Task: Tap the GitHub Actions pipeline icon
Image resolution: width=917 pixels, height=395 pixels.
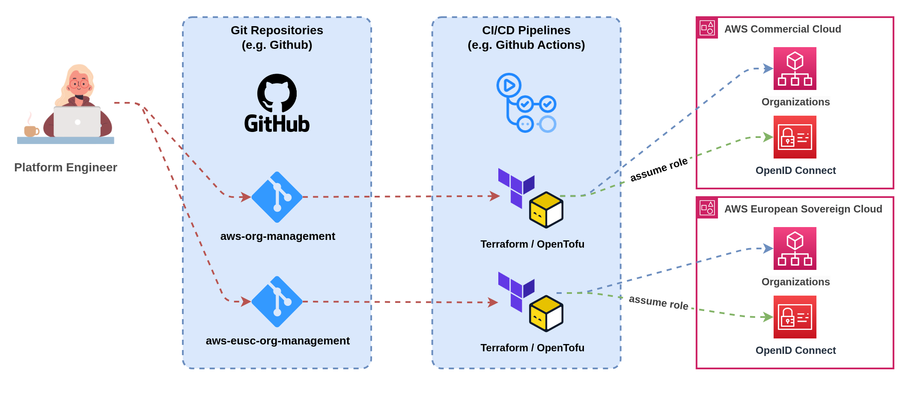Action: (x=526, y=103)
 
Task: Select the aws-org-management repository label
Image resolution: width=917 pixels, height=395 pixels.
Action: (x=277, y=236)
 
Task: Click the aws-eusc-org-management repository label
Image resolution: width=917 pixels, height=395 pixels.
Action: (x=277, y=341)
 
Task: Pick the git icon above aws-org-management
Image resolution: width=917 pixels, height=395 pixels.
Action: (x=277, y=197)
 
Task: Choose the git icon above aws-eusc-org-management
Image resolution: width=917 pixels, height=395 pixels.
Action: (x=277, y=302)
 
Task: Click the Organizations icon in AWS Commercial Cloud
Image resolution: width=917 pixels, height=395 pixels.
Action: (x=795, y=69)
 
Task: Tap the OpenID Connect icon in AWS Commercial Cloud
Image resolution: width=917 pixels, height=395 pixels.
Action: (x=795, y=137)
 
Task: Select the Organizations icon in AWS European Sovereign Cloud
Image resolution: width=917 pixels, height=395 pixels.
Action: (x=795, y=248)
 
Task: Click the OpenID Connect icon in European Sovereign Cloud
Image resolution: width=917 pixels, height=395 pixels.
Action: (x=795, y=317)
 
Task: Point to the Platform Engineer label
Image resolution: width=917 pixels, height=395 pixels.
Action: (x=65, y=167)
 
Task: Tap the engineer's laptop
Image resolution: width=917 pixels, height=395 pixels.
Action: (x=77, y=122)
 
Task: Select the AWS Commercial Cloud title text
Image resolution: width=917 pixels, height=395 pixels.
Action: (x=782, y=29)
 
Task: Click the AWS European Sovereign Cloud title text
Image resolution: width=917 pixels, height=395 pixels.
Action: (x=803, y=209)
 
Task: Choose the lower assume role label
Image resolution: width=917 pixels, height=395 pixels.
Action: (x=658, y=302)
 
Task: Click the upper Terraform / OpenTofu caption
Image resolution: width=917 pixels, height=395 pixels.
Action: (x=532, y=244)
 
